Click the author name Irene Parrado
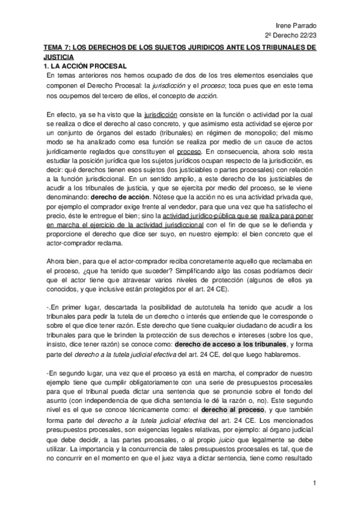coord(325,25)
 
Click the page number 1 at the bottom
coord(314,482)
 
